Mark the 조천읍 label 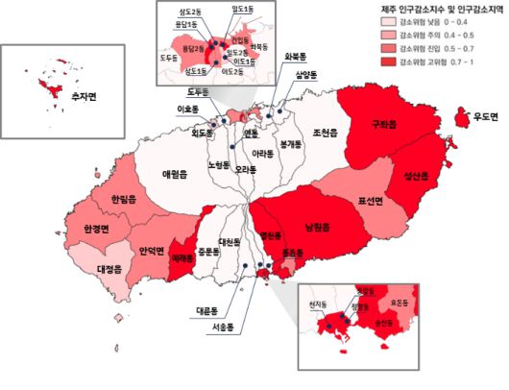point(325,133)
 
